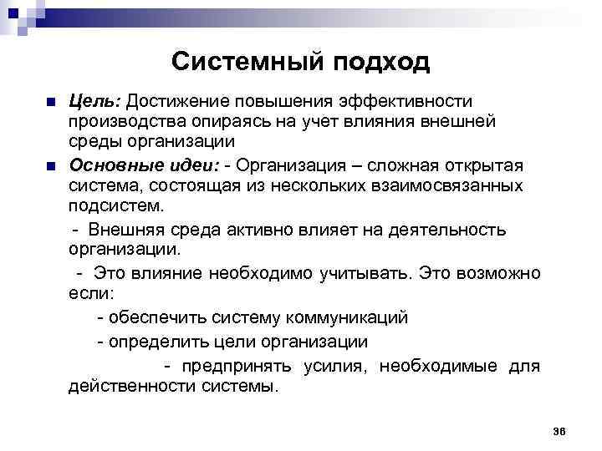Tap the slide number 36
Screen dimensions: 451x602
pos(559,431)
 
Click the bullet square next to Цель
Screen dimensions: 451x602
pos(52,103)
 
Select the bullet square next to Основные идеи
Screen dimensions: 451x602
pos(52,165)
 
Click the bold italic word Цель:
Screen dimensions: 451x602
pos(96,102)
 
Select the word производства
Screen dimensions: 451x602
pos(123,122)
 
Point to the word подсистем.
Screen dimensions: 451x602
pos(117,205)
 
